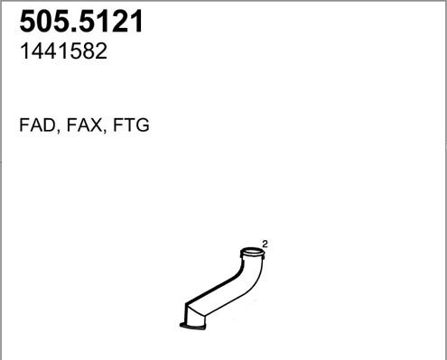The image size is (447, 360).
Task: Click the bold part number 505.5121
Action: tap(81, 22)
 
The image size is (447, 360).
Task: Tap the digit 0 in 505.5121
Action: tap(47, 22)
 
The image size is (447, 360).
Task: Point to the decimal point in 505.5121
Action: tap(79, 30)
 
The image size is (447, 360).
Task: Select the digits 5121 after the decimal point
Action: tap(113, 22)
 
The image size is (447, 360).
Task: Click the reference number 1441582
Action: tap(63, 51)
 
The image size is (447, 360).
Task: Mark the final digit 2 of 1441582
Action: tap(101, 51)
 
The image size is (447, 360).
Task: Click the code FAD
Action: tap(37, 125)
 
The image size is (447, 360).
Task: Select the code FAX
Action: tap(84, 125)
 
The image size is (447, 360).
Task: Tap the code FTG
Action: tap(131, 125)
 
